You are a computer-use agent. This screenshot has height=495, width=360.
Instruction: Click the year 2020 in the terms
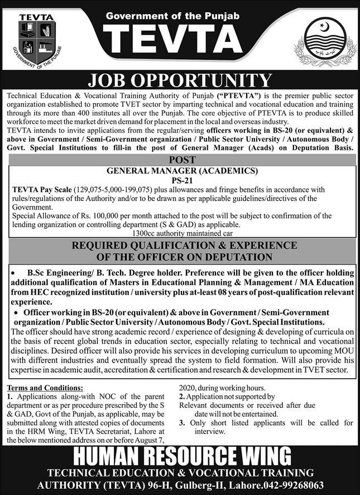coord(189,388)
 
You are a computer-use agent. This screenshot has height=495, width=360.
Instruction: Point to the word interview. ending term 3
coord(202,432)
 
